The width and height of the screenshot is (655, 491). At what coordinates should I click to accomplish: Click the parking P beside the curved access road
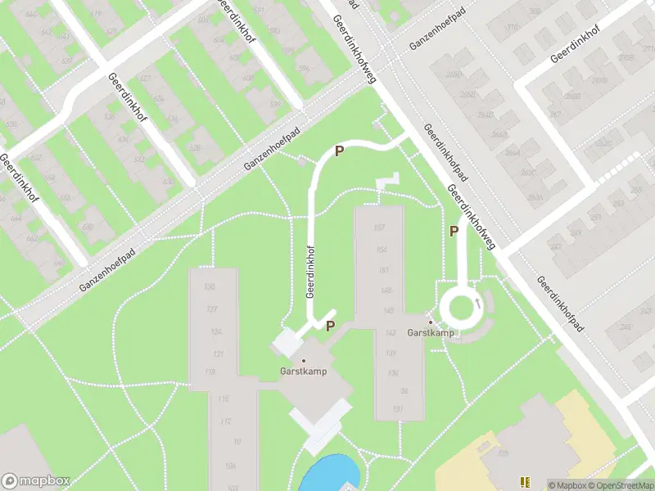pyautogui.click(x=338, y=151)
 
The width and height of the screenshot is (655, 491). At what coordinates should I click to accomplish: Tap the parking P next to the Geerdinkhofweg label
pyautogui.click(x=454, y=231)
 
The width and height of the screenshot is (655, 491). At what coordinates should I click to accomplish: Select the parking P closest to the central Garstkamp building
pyautogui.click(x=330, y=326)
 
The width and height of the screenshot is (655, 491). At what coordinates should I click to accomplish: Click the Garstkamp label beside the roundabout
pyautogui.click(x=431, y=333)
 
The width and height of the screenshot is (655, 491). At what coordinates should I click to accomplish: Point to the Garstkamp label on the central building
pyautogui.click(x=304, y=371)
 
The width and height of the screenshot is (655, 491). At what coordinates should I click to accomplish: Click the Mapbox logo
pyautogui.click(x=35, y=481)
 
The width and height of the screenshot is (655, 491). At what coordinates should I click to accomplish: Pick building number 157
pyautogui.click(x=379, y=227)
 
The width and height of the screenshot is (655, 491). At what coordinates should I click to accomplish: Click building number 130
pyautogui.click(x=210, y=286)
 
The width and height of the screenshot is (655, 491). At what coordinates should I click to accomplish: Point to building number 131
pyautogui.click(x=398, y=409)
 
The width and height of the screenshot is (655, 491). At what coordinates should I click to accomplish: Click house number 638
pyautogui.click(x=194, y=148)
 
